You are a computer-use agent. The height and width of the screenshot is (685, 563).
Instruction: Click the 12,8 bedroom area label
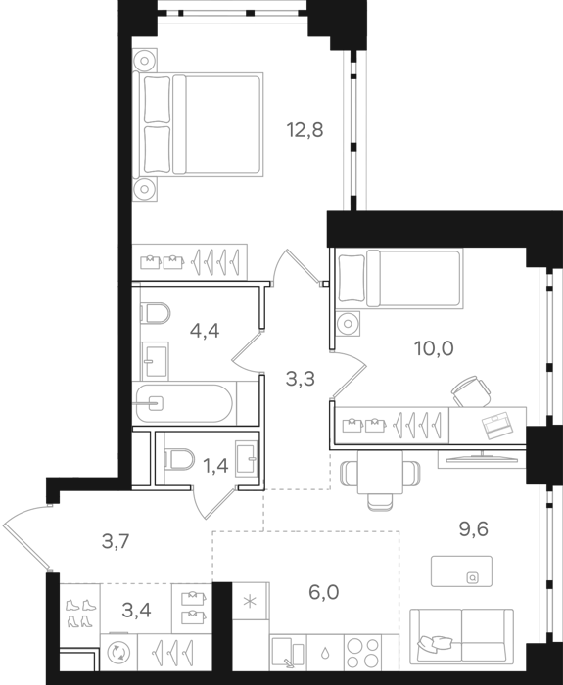(305, 130)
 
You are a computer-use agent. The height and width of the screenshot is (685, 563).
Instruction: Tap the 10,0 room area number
(434, 348)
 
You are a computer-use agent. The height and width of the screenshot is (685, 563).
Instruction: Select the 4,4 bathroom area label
(205, 331)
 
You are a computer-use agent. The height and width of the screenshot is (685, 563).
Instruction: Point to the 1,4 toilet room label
(216, 466)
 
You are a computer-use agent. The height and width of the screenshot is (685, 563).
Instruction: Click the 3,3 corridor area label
(301, 379)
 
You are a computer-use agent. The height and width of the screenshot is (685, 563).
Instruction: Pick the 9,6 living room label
(473, 529)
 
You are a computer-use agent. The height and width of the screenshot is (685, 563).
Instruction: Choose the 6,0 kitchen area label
(324, 593)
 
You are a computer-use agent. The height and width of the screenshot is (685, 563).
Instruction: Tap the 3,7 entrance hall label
(116, 542)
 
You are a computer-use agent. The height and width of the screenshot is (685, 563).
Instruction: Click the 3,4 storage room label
(136, 611)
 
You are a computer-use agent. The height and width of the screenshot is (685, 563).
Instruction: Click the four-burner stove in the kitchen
(363, 653)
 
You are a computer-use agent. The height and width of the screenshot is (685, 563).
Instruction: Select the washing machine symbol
(118, 653)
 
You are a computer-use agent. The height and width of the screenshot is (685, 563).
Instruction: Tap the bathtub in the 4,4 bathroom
(184, 403)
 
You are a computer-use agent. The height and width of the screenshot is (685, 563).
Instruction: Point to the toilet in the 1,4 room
(179, 459)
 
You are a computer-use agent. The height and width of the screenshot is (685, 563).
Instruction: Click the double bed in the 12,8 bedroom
(199, 124)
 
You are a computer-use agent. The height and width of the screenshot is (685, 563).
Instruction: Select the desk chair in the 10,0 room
(471, 391)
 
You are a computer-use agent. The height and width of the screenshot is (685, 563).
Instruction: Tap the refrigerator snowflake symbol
(250, 602)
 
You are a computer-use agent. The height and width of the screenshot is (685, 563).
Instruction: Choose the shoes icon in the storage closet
(80, 613)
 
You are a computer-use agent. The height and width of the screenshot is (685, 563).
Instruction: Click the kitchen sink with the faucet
(288, 653)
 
